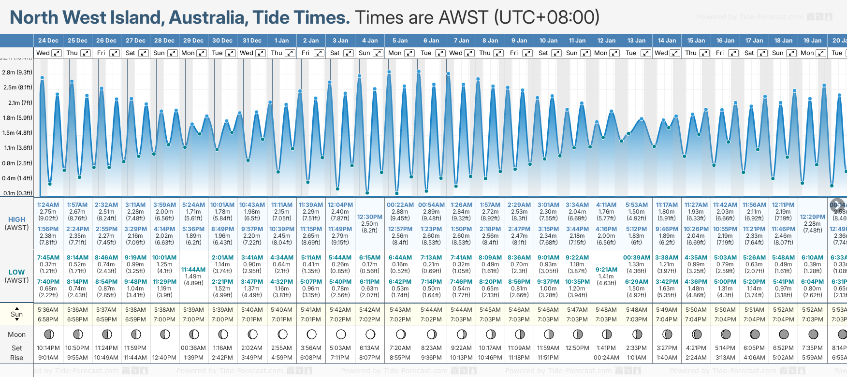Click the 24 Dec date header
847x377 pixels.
coord(48,41)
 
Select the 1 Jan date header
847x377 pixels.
coord(281,41)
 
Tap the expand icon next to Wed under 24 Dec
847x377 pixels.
coord(57,53)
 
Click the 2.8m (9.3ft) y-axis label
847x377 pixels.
coord(17,72)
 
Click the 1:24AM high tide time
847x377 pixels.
coord(48,205)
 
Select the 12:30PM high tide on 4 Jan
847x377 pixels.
coord(370,217)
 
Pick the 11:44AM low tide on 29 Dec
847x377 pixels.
coord(193,270)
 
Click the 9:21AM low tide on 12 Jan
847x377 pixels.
coord(606,270)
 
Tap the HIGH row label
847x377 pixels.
coord(16,219)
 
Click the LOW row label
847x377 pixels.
coord(16,272)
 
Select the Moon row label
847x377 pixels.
coord(16,334)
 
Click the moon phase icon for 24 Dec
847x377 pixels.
coord(48,334)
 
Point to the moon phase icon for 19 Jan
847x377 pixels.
coord(813,334)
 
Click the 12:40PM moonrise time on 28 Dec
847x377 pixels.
coord(164,358)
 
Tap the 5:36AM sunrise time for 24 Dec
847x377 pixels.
coord(48,310)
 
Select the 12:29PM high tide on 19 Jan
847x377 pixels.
coord(812,217)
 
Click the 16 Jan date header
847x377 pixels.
coord(725,41)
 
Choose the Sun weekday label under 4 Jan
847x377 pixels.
coord(365,53)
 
